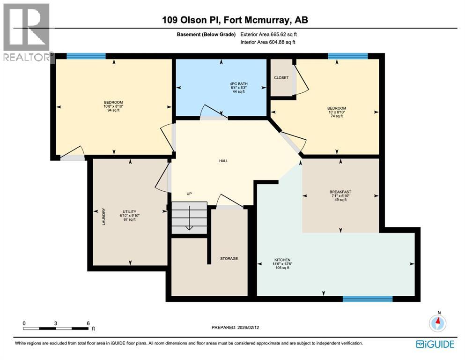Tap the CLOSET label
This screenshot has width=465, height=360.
point(281,77)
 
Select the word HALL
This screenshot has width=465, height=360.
point(224,161)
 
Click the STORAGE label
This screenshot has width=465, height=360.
point(229,258)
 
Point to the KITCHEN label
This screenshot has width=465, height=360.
point(282,260)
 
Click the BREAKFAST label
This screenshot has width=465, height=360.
point(340,192)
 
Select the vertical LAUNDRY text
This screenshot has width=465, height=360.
point(103,216)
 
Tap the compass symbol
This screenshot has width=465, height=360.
point(438,322)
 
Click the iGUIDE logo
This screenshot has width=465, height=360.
point(435,344)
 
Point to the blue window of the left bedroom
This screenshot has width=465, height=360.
point(86,56)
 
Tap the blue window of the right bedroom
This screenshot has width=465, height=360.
point(347,56)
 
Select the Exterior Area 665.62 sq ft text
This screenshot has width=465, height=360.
point(268,34)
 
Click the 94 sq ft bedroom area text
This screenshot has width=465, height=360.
point(113,111)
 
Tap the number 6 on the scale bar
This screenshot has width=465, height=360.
point(88,323)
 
